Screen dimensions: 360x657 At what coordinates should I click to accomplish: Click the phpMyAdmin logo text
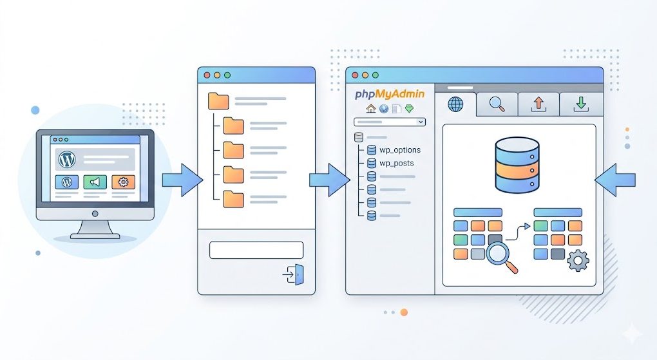pyautogui.click(x=389, y=94)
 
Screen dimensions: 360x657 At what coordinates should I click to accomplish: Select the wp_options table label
pyautogui.click(x=399, y=150)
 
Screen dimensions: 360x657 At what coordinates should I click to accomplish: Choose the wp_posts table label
pyautogui.click(x=396, y=163)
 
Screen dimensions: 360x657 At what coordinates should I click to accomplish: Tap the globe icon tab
pyautogui.click(x=455, y=104)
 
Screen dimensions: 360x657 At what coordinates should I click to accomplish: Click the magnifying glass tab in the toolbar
pyautogui.click(x=497, y=104)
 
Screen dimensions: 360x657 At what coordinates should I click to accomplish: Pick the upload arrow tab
pyautogui.click(x=538, y=104)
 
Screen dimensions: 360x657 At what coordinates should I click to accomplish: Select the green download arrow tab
pyautogui.click(x=580, y=104)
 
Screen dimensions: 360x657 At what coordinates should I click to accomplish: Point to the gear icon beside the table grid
pyautogui.click(x=578, y=260)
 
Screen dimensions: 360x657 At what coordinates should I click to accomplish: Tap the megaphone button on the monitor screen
pyautogui.click(x=95, y=182)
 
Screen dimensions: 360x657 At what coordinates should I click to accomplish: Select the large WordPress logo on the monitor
pyautogui.click(x=67, y=159)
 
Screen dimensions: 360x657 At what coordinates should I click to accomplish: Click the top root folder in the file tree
pyautogui.click(x=219, y=101)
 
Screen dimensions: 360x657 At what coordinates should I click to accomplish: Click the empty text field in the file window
pyautogui.click(x=256, y=250)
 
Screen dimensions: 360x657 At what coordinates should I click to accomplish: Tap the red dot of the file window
pyautogui.click(x=207, y=75)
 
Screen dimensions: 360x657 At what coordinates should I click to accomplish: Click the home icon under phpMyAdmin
pyautogui.click(x=370, y=109)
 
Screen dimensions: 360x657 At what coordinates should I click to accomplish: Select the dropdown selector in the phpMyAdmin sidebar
pyautogui.click(x=390, y=122)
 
